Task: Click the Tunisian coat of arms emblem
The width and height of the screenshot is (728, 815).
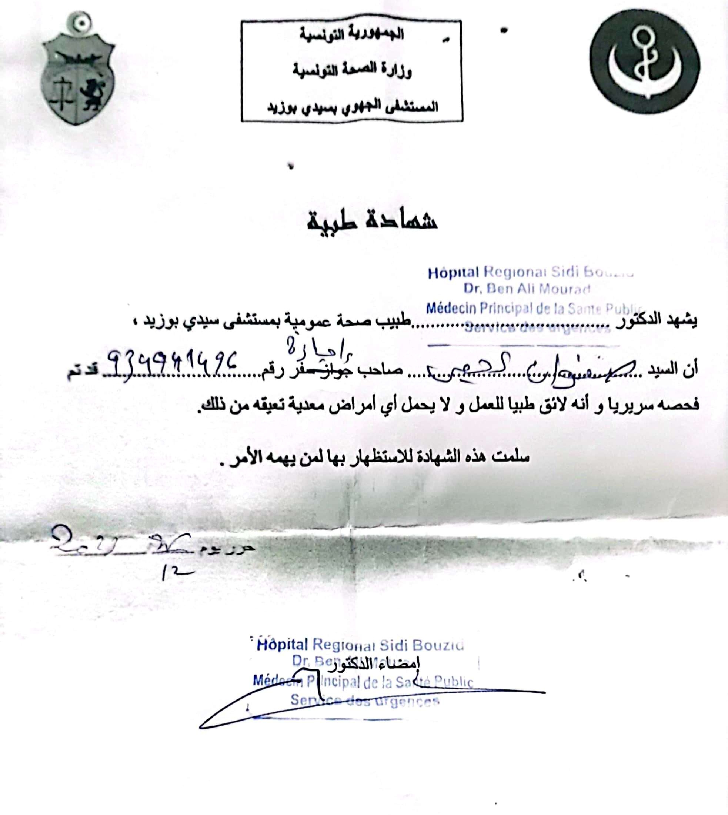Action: pos(78,70)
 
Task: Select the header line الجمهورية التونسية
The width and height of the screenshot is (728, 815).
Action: pos(352,35)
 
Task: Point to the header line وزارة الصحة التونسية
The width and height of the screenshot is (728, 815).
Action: pos(352,71)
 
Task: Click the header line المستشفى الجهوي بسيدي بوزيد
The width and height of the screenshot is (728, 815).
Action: pos(352,107)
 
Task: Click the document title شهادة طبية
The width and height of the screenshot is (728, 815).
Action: pos(372,220)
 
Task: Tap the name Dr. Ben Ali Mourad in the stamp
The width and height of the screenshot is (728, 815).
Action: pos(527,289)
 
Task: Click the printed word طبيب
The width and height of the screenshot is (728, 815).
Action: pos(397,322)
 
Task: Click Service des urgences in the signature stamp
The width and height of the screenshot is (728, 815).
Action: pos(364,701)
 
